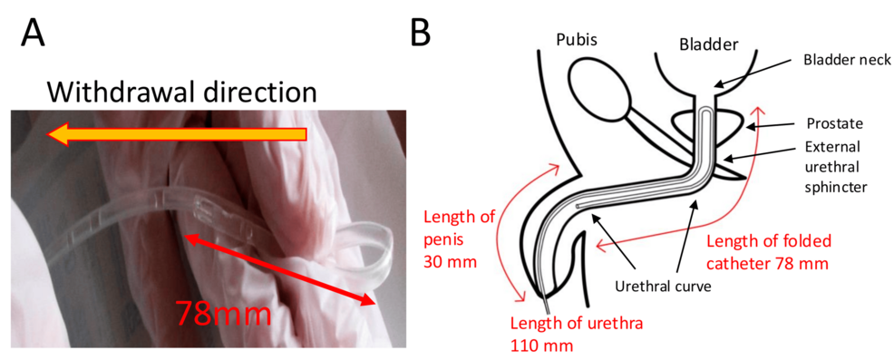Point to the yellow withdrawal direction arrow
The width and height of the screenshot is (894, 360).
click(x=177, y=134)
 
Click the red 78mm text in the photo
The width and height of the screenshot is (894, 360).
click(x=223, y=312)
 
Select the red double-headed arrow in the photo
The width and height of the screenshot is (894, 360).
click(x=279, y=268)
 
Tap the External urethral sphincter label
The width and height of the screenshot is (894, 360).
click(x=836, y=167)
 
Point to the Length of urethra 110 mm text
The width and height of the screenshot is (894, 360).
click(x=577, y=333)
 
